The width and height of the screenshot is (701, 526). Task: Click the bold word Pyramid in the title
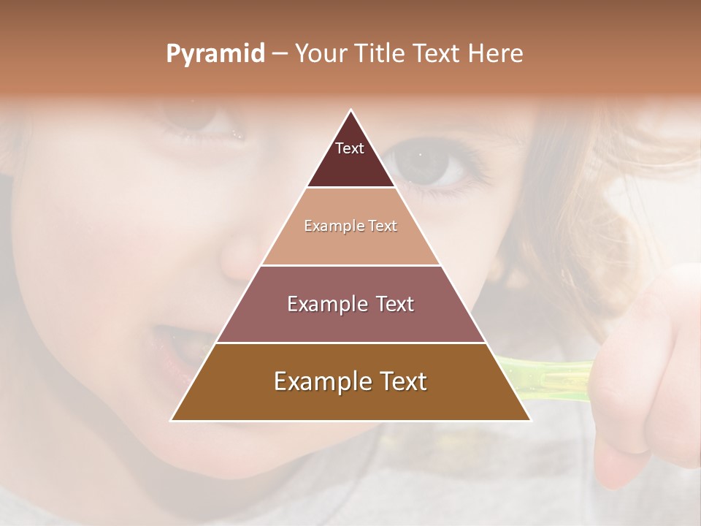pyautogui.click(x=215, y=54)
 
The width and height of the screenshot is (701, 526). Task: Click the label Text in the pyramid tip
pyautogui.click(x=350, y=148)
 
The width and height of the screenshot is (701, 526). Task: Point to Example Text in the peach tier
pyautogui.click(x=350, y=226)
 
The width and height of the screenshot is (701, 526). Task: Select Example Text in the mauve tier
pyautogui.click(x=350, y=304)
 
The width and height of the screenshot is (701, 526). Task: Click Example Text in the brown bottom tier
pyautogui.click(x=350, y=381)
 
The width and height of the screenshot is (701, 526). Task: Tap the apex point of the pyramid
pyautogui.click(x=351, y=110)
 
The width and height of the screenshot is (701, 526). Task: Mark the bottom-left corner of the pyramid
pyautogui.click(x=172, y=420)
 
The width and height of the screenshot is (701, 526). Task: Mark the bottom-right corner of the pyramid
pyautogui.click(x=530, y=420)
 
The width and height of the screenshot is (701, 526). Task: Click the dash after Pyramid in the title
pyautogui.click(x=280, y=54)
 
